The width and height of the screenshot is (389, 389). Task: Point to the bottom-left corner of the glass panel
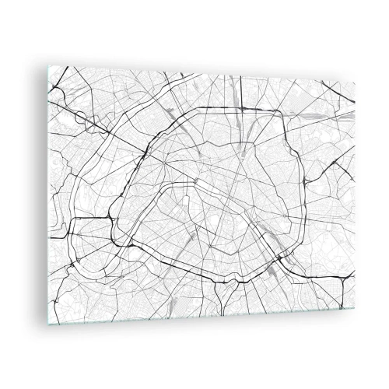coord(47,324)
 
